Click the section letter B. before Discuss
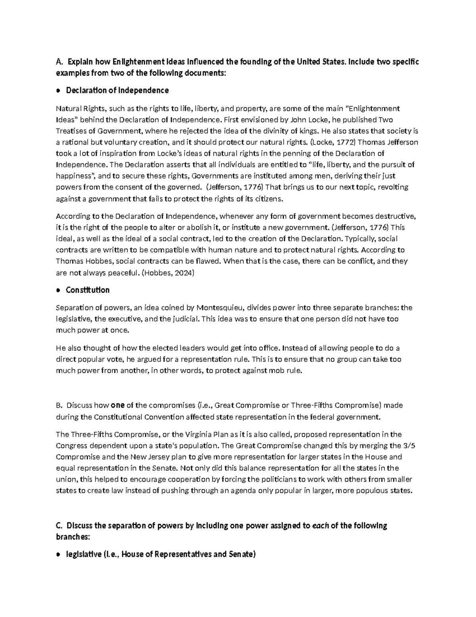coord(59,406)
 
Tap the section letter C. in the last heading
coord(59,526)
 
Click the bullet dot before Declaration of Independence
coord(58,91)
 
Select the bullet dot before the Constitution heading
coord(58,290)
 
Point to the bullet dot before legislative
coord(58,555)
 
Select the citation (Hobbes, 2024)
coord(168,273)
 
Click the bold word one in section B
coord(118,406)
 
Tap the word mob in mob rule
coord(276,371)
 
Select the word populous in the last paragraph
coord(369,491)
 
